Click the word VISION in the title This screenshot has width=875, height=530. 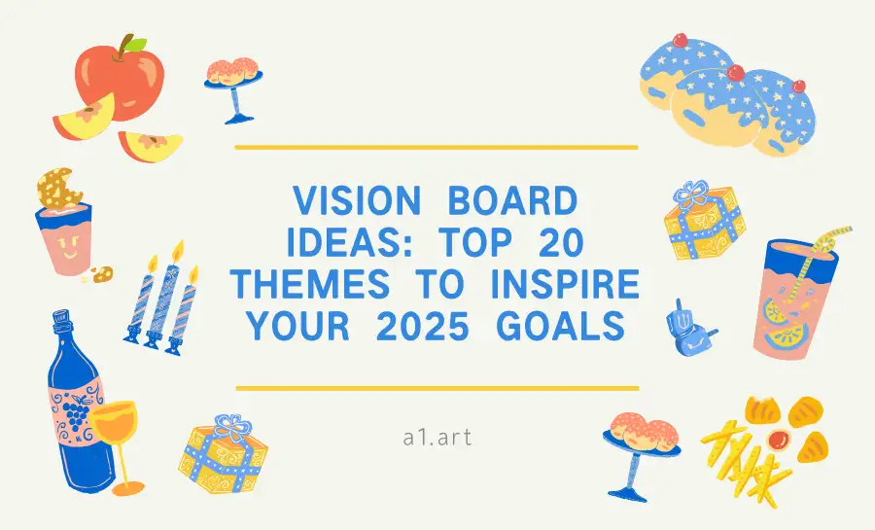pyautogui.click(x=355, y=202)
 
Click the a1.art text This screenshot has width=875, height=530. pyautogui.click(x=437, y=437)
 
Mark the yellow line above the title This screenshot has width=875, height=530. pyautogui.click(x=437, y=147)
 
